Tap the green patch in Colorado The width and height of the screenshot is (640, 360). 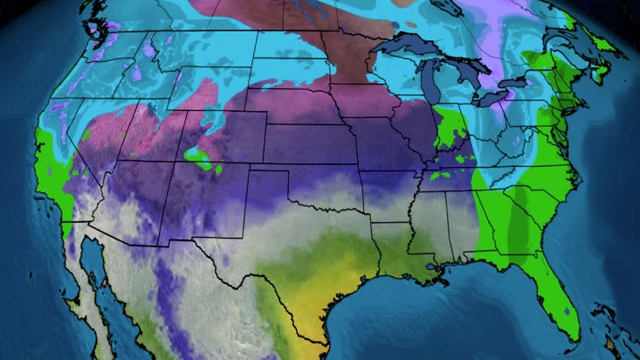click(201, 160)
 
